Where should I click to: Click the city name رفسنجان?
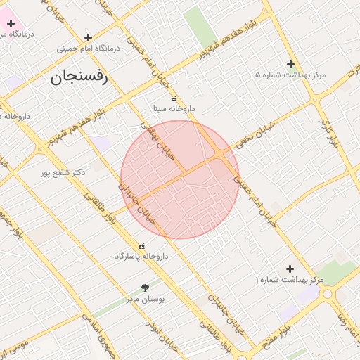tap(79, 78)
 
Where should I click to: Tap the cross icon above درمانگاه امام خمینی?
tap(88, 37)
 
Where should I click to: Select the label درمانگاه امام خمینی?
tap(89, 49)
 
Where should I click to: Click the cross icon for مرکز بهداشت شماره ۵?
tap(290, 64)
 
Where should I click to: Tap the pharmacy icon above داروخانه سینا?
tap(174, 99)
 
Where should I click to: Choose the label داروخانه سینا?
tap(174, 109)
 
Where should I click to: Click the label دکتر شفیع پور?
tap(78, 172)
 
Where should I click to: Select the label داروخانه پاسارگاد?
tap(142, 256)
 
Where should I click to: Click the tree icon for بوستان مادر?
tap(145, 287)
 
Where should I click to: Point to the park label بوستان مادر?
tap(145, 298)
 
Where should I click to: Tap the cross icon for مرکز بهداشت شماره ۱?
tap(290, 269)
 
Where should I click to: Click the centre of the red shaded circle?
tap(180, 179)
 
